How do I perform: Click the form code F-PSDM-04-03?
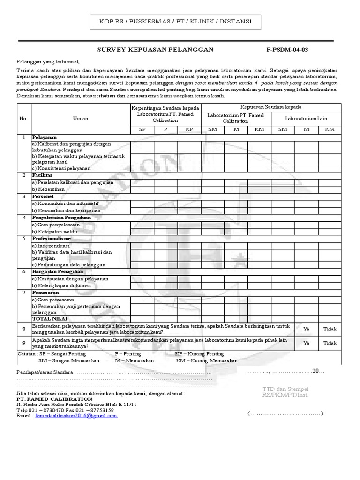coord(287,49)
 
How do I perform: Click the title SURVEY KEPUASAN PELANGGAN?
coord(155,49)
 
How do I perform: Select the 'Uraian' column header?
coord(81,119)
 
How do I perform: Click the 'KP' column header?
coord(189,129)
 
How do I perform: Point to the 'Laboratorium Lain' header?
coord(307,119)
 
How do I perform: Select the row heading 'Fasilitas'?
coord(42,175)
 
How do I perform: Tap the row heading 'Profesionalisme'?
coord(52,238)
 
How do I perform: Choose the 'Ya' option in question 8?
coord(307,329)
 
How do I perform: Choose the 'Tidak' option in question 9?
coord(330,343)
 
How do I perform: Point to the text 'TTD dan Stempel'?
coord(286,389)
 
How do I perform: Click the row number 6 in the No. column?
coord(23,271)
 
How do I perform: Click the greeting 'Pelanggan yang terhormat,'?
coord(48,62)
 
